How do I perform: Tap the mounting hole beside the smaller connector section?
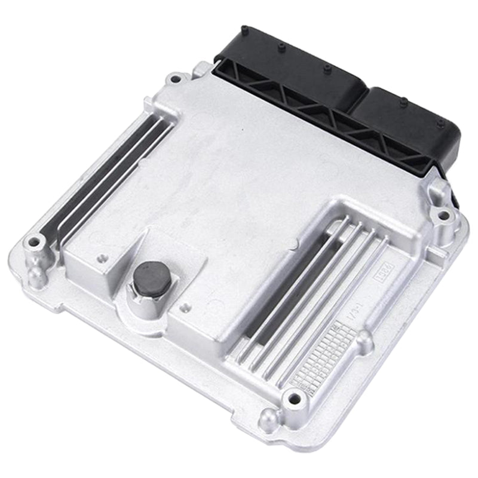[x=443, y=214]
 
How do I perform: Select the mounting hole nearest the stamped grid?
[x=292, y=396]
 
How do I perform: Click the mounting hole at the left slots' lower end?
[x=34, y=242]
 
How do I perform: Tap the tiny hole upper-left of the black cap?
[x=101, y=259]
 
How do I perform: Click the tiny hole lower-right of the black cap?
[x=185, y=308]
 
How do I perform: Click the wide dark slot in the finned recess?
[x=293, y=281]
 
